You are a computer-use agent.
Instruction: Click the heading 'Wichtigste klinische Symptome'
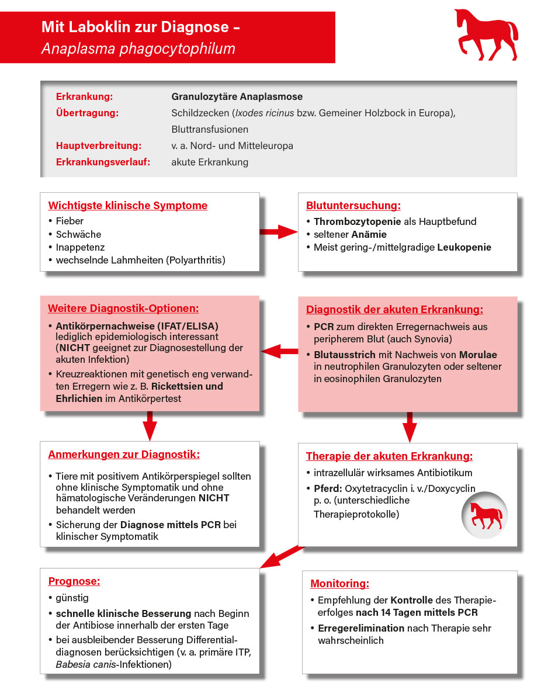pyautogui.click(x=127, y=206)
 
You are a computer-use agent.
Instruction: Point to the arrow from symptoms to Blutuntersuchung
pyautogui.click(x=279, y=232)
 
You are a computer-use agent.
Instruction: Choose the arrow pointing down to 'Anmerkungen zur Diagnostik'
pyautogui.click(x=150, y=425)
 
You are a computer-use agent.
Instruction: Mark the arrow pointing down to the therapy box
pyautogui.click(x=410, y=427)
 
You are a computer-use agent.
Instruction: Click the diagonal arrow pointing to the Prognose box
pyautogui.click(x=282, y=556)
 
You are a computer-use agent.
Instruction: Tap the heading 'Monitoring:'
pyautogui.click(x=339, y=584)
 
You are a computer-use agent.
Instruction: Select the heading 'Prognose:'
pyautogui.click(x=74, y=581)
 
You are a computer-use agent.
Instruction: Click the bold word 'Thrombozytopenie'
pyautogui.click(x=357, y=221)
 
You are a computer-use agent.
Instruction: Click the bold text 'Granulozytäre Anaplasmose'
pyautogui.click(x=237, y=96)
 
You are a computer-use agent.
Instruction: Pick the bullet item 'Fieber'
pyautogui.click(x=70, y=221)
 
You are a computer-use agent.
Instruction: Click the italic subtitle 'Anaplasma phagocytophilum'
pyautogui.click(x=138, y=48)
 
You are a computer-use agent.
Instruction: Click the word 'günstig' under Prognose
pyautogui.click(x=72, y=598)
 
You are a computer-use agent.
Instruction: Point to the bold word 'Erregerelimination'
pyautogui.click(x=360, y=628)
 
